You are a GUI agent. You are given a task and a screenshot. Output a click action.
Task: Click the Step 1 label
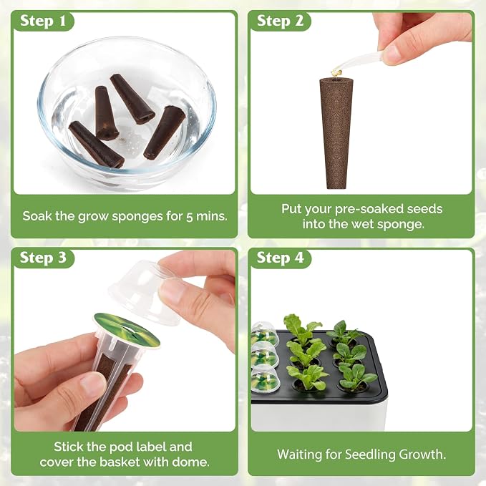(x=43, y=21)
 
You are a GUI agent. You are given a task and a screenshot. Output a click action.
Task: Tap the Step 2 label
(x=280, y=21)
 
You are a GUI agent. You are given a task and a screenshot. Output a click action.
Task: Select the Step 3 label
(x=43, y=258)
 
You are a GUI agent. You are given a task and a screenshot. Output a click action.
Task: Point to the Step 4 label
(x=280, y=258)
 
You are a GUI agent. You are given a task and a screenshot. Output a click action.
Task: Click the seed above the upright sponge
(x=336, y=72)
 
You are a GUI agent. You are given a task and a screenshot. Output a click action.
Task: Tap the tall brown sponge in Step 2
(x=336, y=133)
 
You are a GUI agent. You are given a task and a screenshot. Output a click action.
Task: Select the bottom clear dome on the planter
(x=266, y=379)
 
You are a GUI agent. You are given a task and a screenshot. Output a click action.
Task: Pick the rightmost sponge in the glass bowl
(x=165, y=132)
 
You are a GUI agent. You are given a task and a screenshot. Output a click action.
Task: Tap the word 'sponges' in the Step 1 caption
(x=137, y=217)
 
